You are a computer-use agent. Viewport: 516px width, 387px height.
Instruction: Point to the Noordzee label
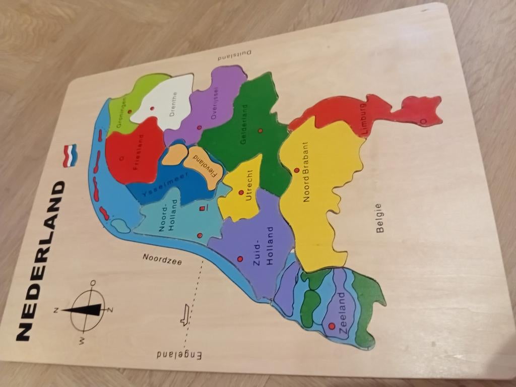click(162, 259)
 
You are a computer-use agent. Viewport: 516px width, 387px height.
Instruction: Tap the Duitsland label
click(234, 55)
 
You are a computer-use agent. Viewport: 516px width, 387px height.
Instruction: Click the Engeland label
click(179, 354)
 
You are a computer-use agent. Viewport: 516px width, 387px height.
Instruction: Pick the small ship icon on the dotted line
click(185, 315)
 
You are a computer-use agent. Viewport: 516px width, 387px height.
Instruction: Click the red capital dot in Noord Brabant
click(296, 170)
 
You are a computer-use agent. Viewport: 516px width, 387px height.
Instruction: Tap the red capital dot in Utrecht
click(241, 192)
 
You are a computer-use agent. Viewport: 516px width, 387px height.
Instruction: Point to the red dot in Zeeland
click(331, 326)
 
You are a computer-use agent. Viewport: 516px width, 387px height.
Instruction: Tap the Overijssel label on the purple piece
click(217, 105)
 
